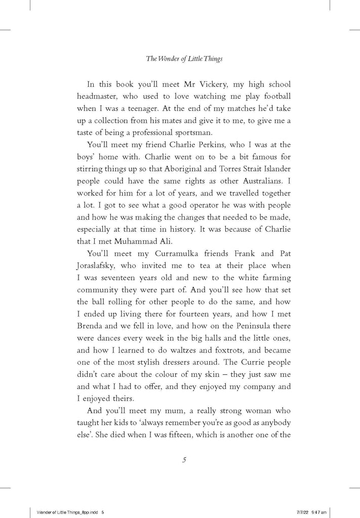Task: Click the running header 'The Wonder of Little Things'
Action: click(x=184, y=59)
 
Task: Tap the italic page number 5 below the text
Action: click(x=184, y=459)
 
